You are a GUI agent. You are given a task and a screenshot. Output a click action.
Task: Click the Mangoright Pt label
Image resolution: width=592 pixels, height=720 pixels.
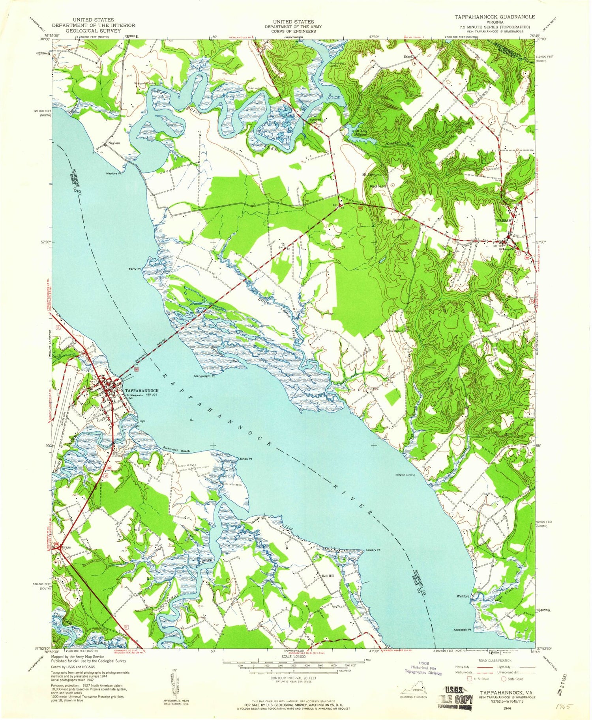click(x=204, y=376)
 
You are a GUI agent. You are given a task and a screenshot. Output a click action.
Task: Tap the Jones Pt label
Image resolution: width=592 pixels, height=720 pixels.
click(x=245, y=459)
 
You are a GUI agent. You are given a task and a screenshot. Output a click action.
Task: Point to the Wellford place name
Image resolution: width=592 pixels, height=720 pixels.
click(x=463, y=596)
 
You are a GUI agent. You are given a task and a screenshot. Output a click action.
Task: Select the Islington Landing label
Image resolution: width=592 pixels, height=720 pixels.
click(x=405, y=475)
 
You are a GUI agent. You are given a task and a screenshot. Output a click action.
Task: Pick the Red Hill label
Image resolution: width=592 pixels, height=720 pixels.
click(x=328, y=576)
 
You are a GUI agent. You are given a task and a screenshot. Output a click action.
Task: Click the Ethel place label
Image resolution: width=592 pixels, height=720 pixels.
click(x=408, y=57)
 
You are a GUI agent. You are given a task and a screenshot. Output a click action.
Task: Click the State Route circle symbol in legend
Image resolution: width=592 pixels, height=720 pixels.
click(x=504, y=679)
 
